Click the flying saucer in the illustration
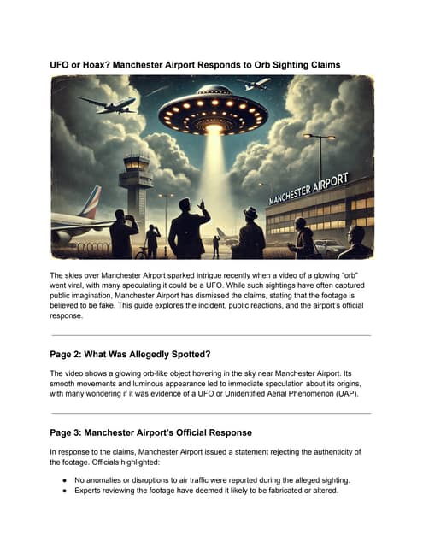pyautogui.click(x=213, y=109)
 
